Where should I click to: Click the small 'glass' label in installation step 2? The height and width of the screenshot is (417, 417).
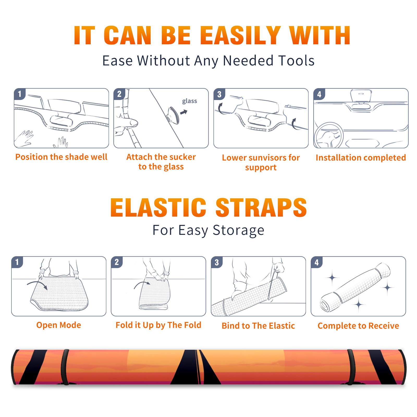[x=189, y=101]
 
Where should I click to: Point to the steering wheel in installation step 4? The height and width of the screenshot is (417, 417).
[x=329, y=135]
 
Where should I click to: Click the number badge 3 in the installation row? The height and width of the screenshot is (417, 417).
[x=219, y=94]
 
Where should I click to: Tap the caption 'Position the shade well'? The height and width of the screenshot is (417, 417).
[x=61, y=157]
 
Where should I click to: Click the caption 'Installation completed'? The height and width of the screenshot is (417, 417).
[x=361, y=157]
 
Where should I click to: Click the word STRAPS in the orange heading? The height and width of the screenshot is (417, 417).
[x=261, y=207]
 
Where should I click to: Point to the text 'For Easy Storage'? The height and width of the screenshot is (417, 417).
[x=208, y=230]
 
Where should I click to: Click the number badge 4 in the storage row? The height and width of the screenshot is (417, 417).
[x=317, y=262]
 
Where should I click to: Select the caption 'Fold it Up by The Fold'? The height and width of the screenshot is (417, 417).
[x=158, y=325]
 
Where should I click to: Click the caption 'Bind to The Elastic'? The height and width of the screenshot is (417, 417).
[x=258, y=326]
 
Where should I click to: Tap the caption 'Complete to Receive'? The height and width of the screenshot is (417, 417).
[x=358, y=326]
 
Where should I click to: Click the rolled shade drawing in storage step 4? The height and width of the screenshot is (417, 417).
[x=355, y=287]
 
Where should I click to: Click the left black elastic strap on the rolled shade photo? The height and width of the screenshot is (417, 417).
[x=65, y=367]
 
